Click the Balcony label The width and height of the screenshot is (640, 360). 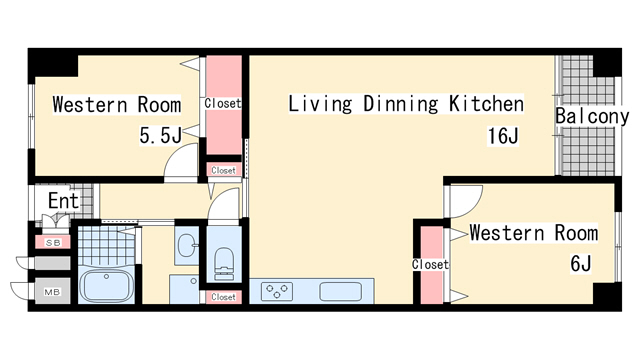pyautogui.click(x=592, y=116)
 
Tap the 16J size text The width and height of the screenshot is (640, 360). pyautogui.click(x=503, y=136)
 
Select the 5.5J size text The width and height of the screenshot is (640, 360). pyautogui.click(x=160, y=135)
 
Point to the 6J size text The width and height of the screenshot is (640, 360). pyautogui.click(x=580, y=263)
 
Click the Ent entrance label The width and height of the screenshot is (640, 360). pyautogui.click(x=63, y=201)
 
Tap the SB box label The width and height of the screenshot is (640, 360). pyautogui.click(x=53, y=243)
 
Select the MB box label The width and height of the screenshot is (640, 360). pyautogui.click(x=52, y=292)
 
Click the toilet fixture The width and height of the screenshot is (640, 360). pyautogui.click(x=224, y=263)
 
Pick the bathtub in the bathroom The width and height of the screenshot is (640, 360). pyautogui.click(x=107, y=286)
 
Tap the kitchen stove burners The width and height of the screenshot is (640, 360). pyautogui.click(x=277, y=292)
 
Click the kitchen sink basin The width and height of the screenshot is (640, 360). pyautogui.click(x=340, y=292)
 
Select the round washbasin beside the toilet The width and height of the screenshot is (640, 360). pyautogui.click(x=187, y=245)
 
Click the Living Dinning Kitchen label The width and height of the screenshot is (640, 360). pyautogui.click(x=406, y=104)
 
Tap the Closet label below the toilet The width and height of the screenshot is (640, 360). pyautogui.click(x=224, y=297)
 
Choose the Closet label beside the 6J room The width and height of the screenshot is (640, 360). pyautogui.click(x=430, y=264)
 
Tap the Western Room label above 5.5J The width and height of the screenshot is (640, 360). pyautogui.click(x=117, y=104)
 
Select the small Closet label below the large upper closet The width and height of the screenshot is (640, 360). pyautogui.click(x=224, y=170)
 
